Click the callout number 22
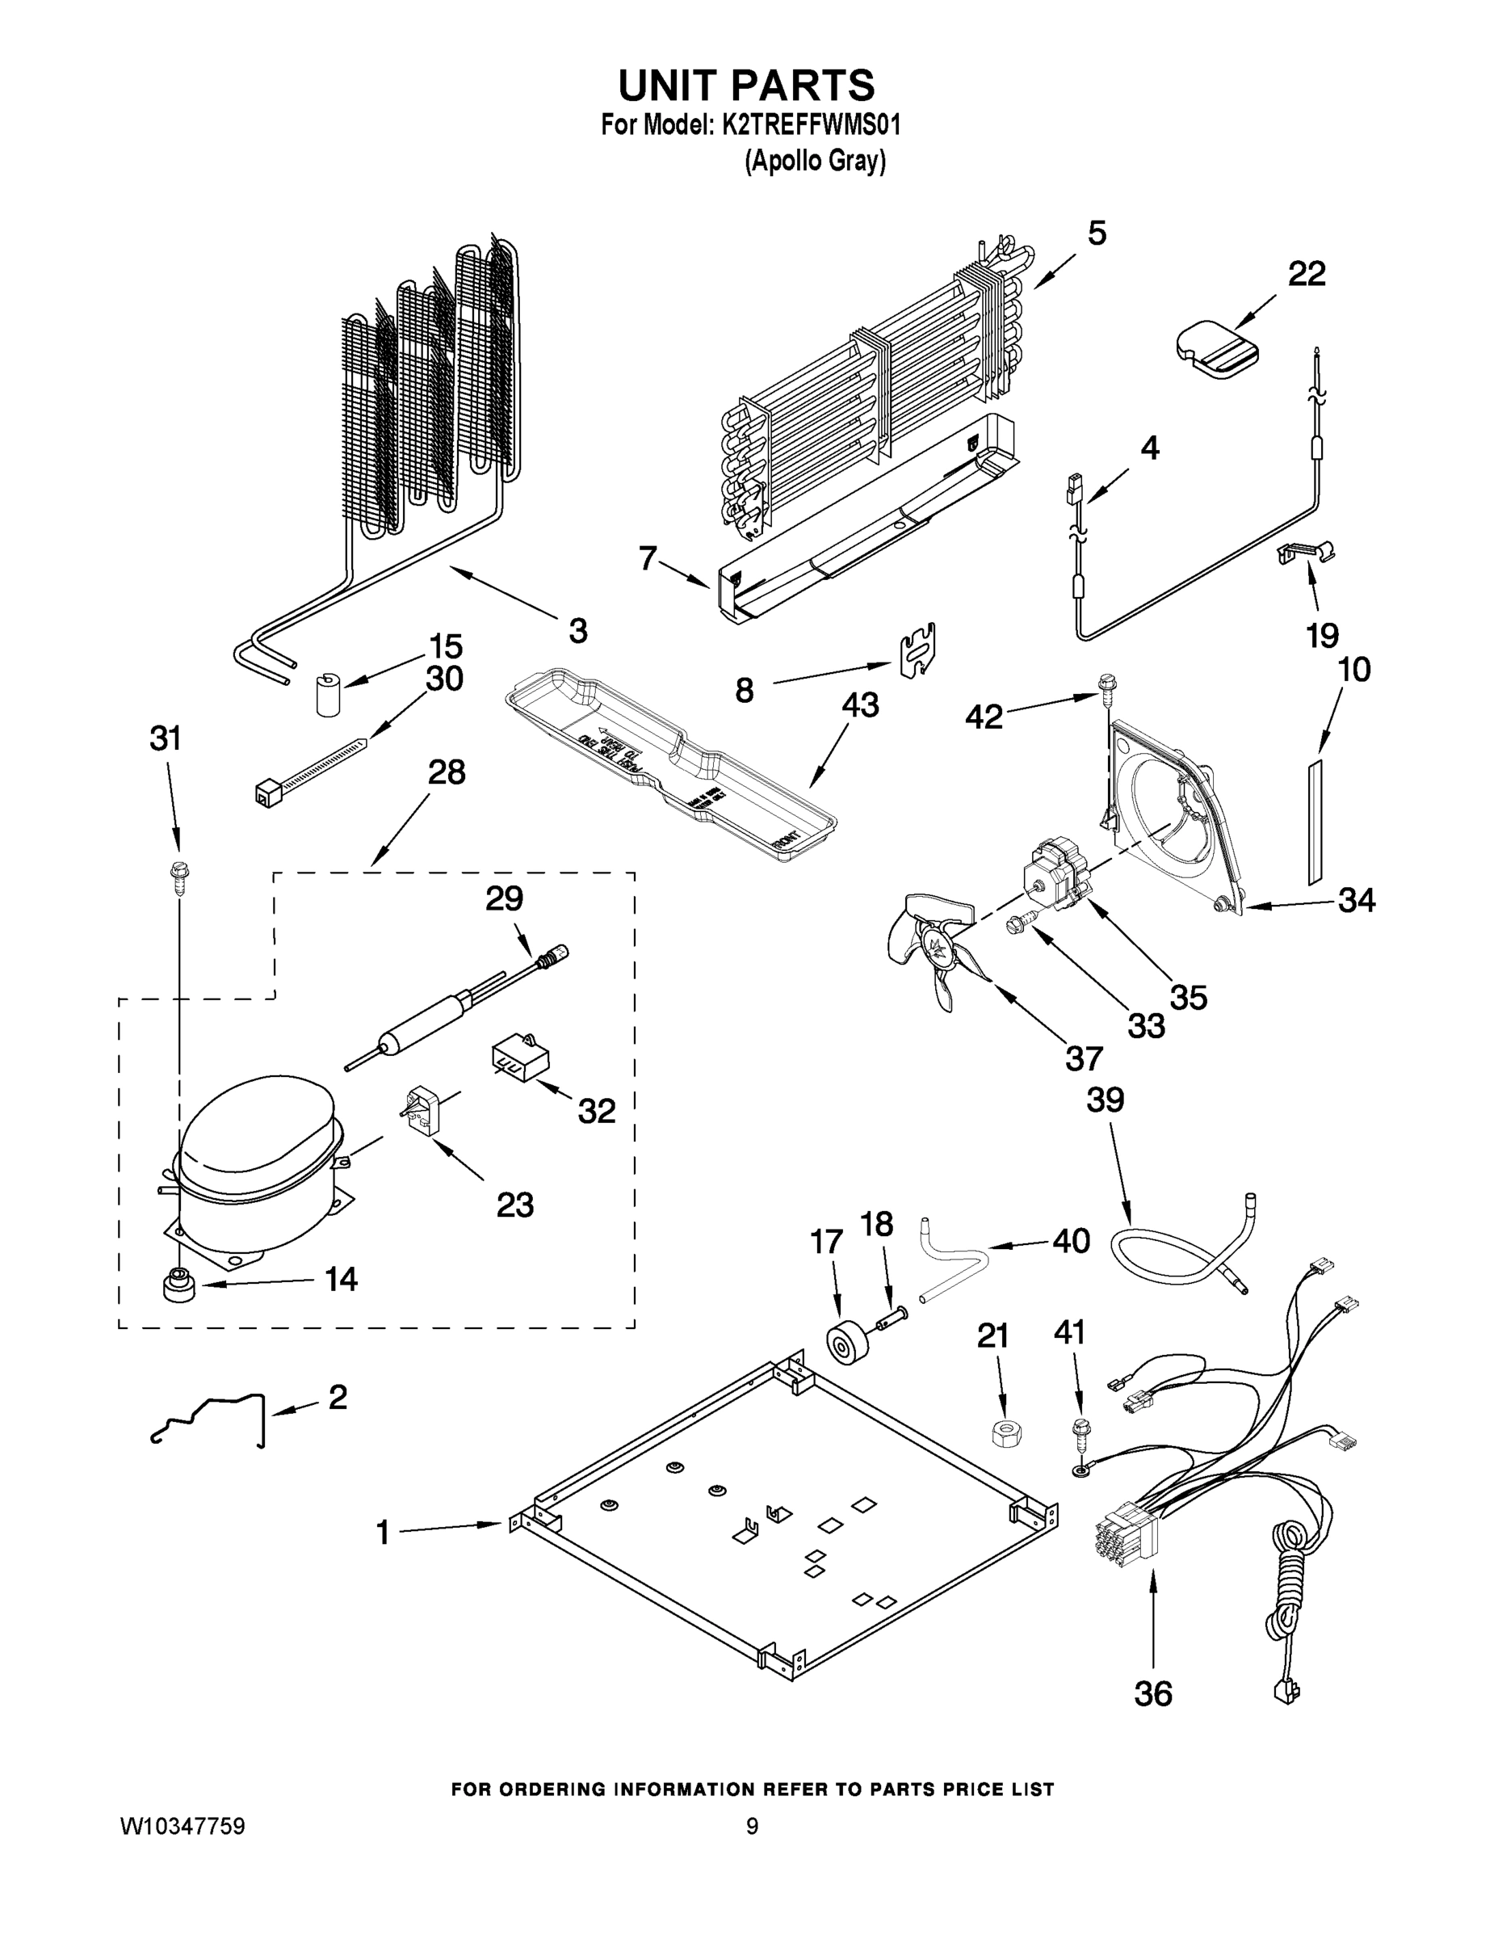tap(1307, 275)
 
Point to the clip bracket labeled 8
tap(918, 650)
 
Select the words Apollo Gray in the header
tap(816, 162)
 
